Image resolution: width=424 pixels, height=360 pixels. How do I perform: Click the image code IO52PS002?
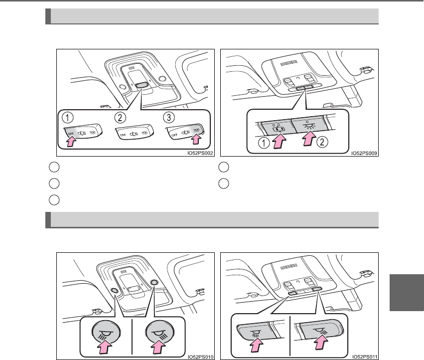pos(200,153)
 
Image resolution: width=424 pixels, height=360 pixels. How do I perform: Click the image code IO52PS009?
pos(364,153)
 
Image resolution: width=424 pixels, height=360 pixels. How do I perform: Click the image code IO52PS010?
pos(201,357)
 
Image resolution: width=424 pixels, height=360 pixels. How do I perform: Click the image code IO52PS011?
pos(365,357)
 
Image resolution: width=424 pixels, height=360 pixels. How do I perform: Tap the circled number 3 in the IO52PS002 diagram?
pos(169,118)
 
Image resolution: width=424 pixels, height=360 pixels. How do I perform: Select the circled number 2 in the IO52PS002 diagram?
pos(120,118)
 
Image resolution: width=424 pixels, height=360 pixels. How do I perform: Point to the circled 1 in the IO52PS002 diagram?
pos(68,118)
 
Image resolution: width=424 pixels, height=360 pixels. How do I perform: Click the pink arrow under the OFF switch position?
pos(71,141)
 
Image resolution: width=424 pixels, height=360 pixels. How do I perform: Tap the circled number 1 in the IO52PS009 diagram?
pos(264,143)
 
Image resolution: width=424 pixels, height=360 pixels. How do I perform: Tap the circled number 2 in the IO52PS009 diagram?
pos(322,142)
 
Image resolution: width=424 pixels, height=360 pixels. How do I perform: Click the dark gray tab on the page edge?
pos(407,292)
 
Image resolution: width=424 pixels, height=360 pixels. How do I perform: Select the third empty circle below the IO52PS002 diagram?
pos(54,200)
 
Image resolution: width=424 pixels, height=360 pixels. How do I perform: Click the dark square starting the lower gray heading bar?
pos(48,220)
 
